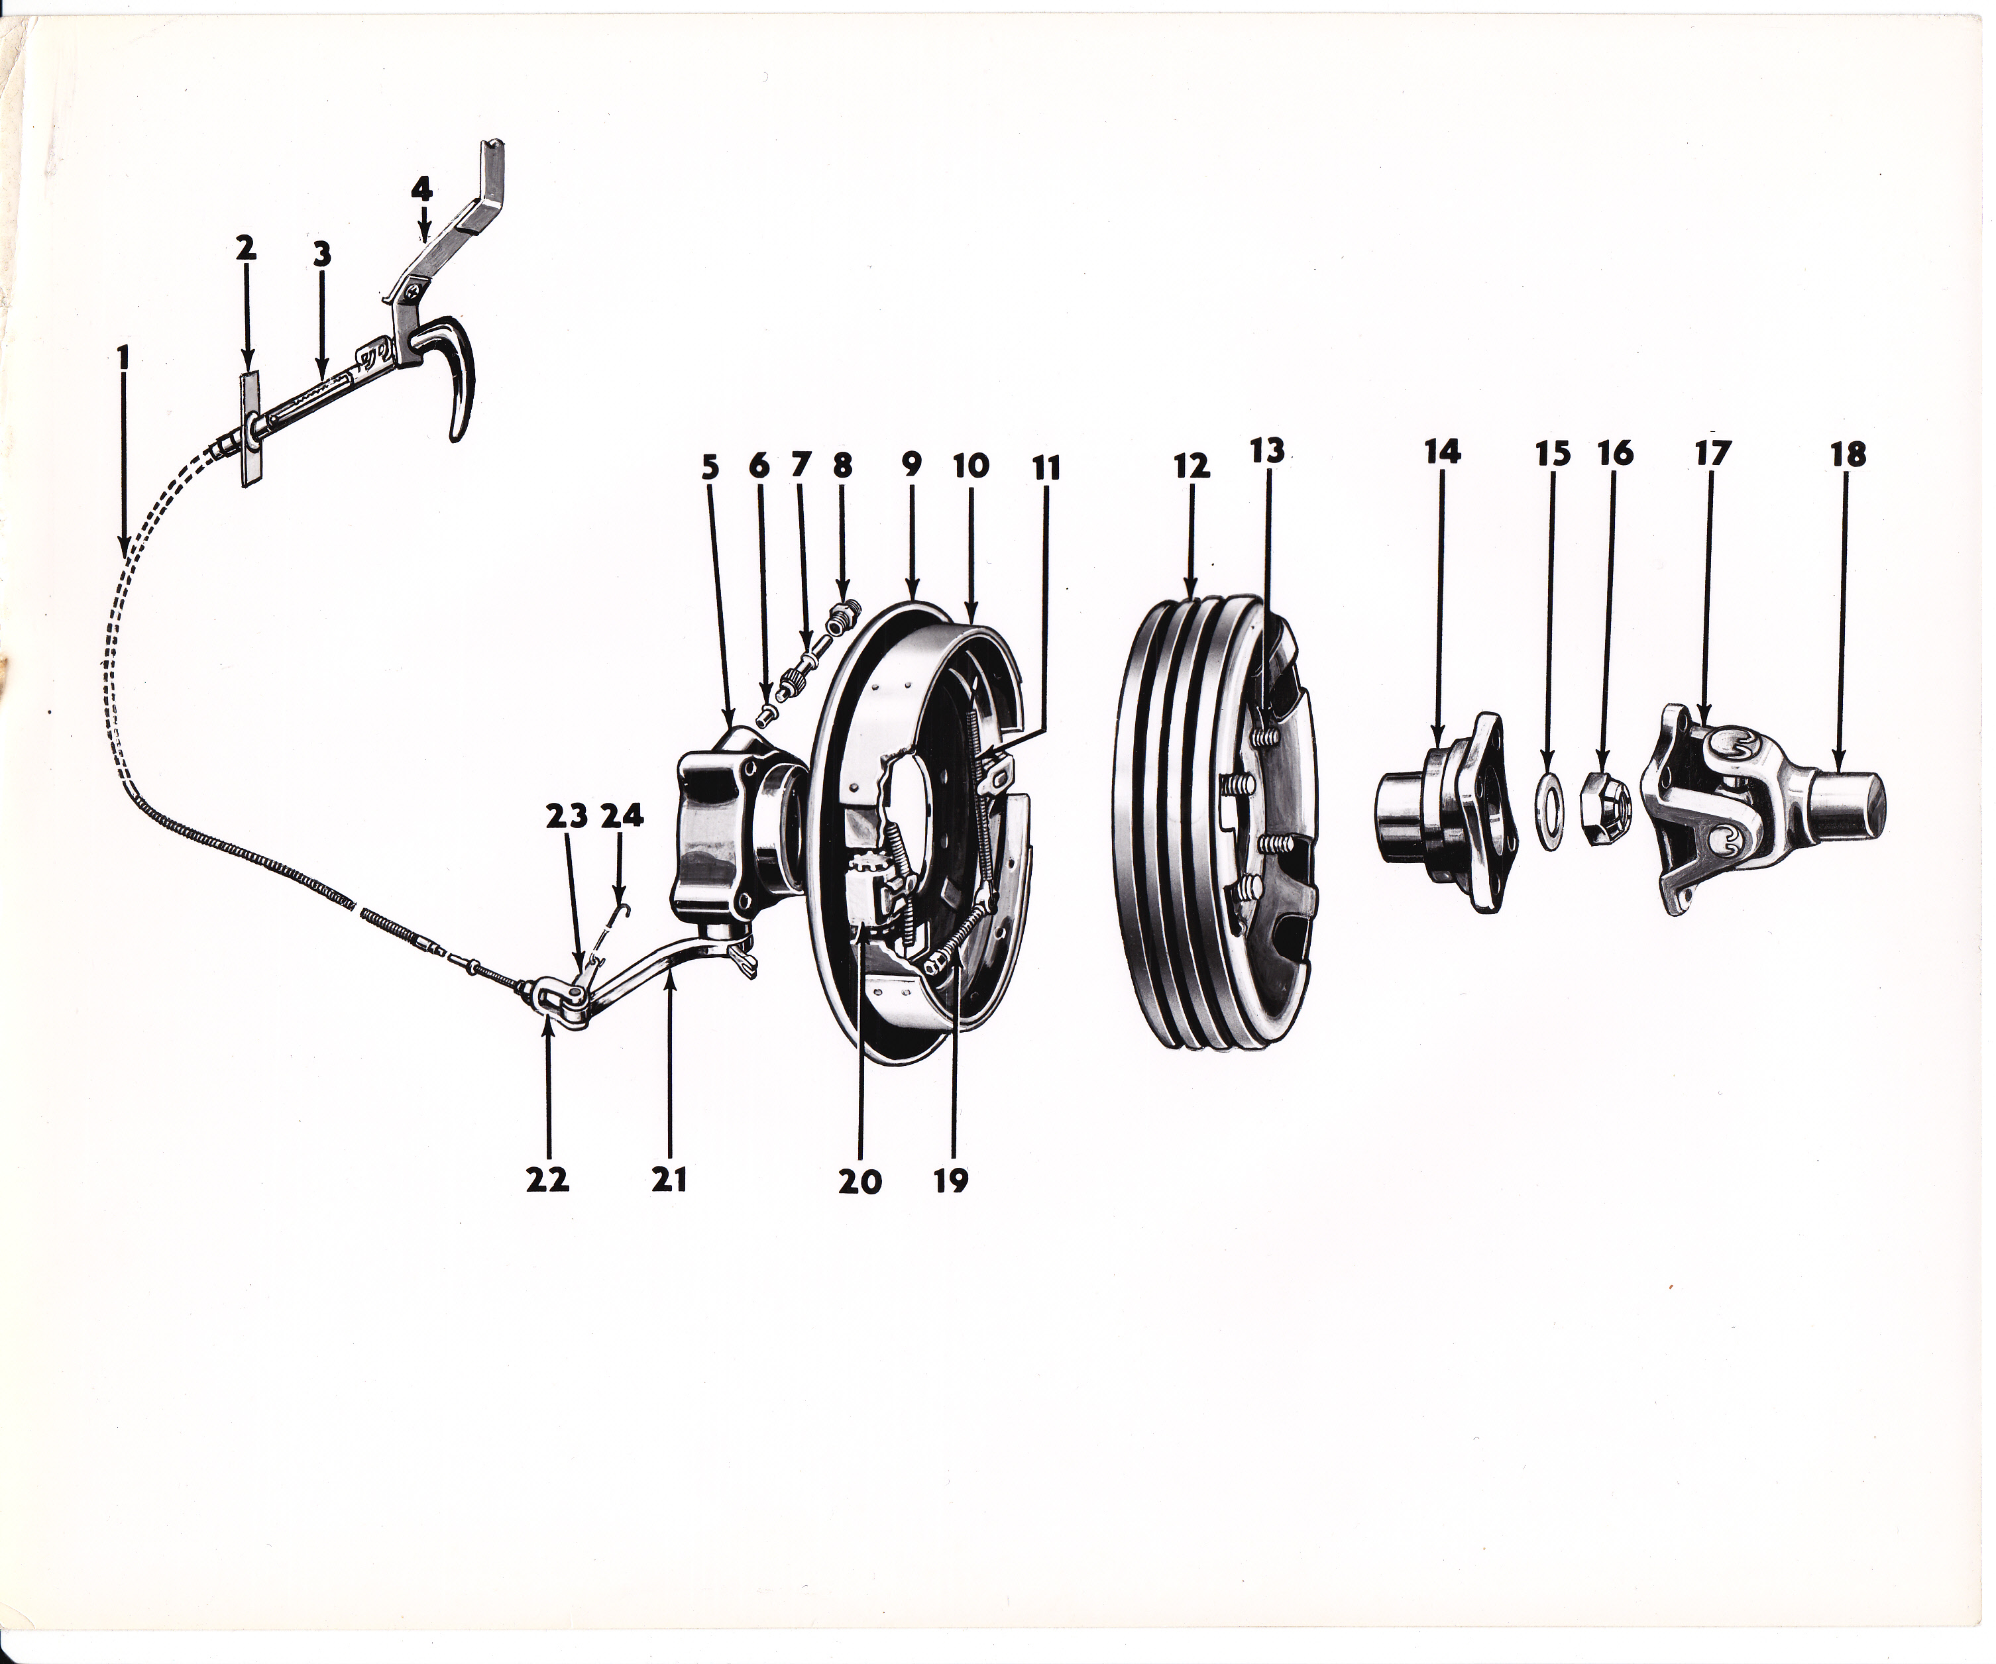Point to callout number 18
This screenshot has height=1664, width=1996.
click(x=1849, y=454)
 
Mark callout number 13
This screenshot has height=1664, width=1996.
click(x=1267, y=450)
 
